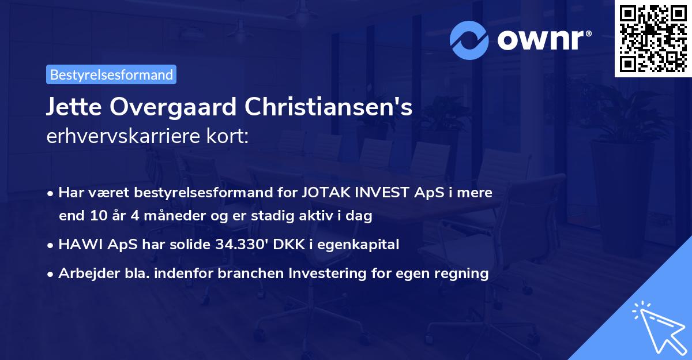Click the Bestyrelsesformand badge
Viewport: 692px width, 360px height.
pos(111,74)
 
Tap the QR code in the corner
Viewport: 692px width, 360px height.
pos(653,38)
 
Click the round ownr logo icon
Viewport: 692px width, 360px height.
pos(469,39)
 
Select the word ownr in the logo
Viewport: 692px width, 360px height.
pos(543,39)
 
